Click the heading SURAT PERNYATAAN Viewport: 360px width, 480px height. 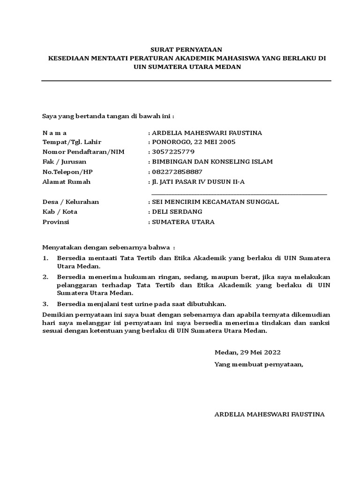(186, 49)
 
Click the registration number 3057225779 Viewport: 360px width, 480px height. (173, 152)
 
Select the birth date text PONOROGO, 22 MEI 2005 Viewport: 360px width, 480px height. (194, 142)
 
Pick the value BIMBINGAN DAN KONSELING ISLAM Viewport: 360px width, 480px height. (212, 162)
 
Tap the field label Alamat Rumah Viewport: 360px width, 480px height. (66, 181)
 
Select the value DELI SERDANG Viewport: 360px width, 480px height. (177, 211)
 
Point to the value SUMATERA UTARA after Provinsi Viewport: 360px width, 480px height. (183, 222)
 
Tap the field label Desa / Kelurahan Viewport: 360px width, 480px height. (71, 202)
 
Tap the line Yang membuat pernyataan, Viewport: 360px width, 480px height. (259, 364)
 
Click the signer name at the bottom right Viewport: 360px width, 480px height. (269, 414)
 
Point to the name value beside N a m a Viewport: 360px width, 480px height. (207, 133)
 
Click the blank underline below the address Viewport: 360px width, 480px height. (239, 193)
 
